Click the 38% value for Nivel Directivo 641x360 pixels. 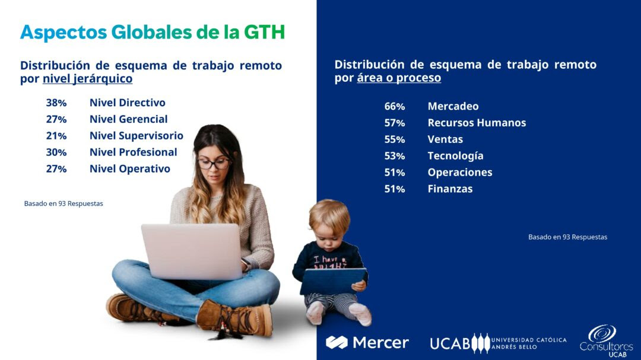click(x=56, y=103)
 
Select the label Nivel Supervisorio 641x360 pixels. click(x=136, y=136)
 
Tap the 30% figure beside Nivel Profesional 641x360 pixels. click(x=56, y=152)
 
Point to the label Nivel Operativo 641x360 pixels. click(x=129, y=169)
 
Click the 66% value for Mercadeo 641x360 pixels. click(x=395, y=106)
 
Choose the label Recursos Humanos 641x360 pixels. click(x=477, y=123)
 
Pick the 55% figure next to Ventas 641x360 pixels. click(x=395, y=139)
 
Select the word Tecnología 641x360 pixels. click(x=455, y=156)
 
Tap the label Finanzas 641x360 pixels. click(x=450, y=189)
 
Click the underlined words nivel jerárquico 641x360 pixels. click(x=87, y=79)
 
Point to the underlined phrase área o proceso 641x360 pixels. click(x=399, y=78)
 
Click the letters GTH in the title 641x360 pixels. click(x=265, y=32)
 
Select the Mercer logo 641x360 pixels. click(x=367, y=342)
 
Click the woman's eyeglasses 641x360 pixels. click(x=214, y=164)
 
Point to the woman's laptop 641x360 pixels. click(x=193, y=251)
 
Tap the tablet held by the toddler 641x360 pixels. click(x=333, y=281)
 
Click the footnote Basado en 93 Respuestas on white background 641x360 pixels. click(x=64, y=203)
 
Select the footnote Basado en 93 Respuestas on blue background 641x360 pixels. click(x=567, y=237)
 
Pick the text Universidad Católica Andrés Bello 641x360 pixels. click(x=529, y=343)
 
